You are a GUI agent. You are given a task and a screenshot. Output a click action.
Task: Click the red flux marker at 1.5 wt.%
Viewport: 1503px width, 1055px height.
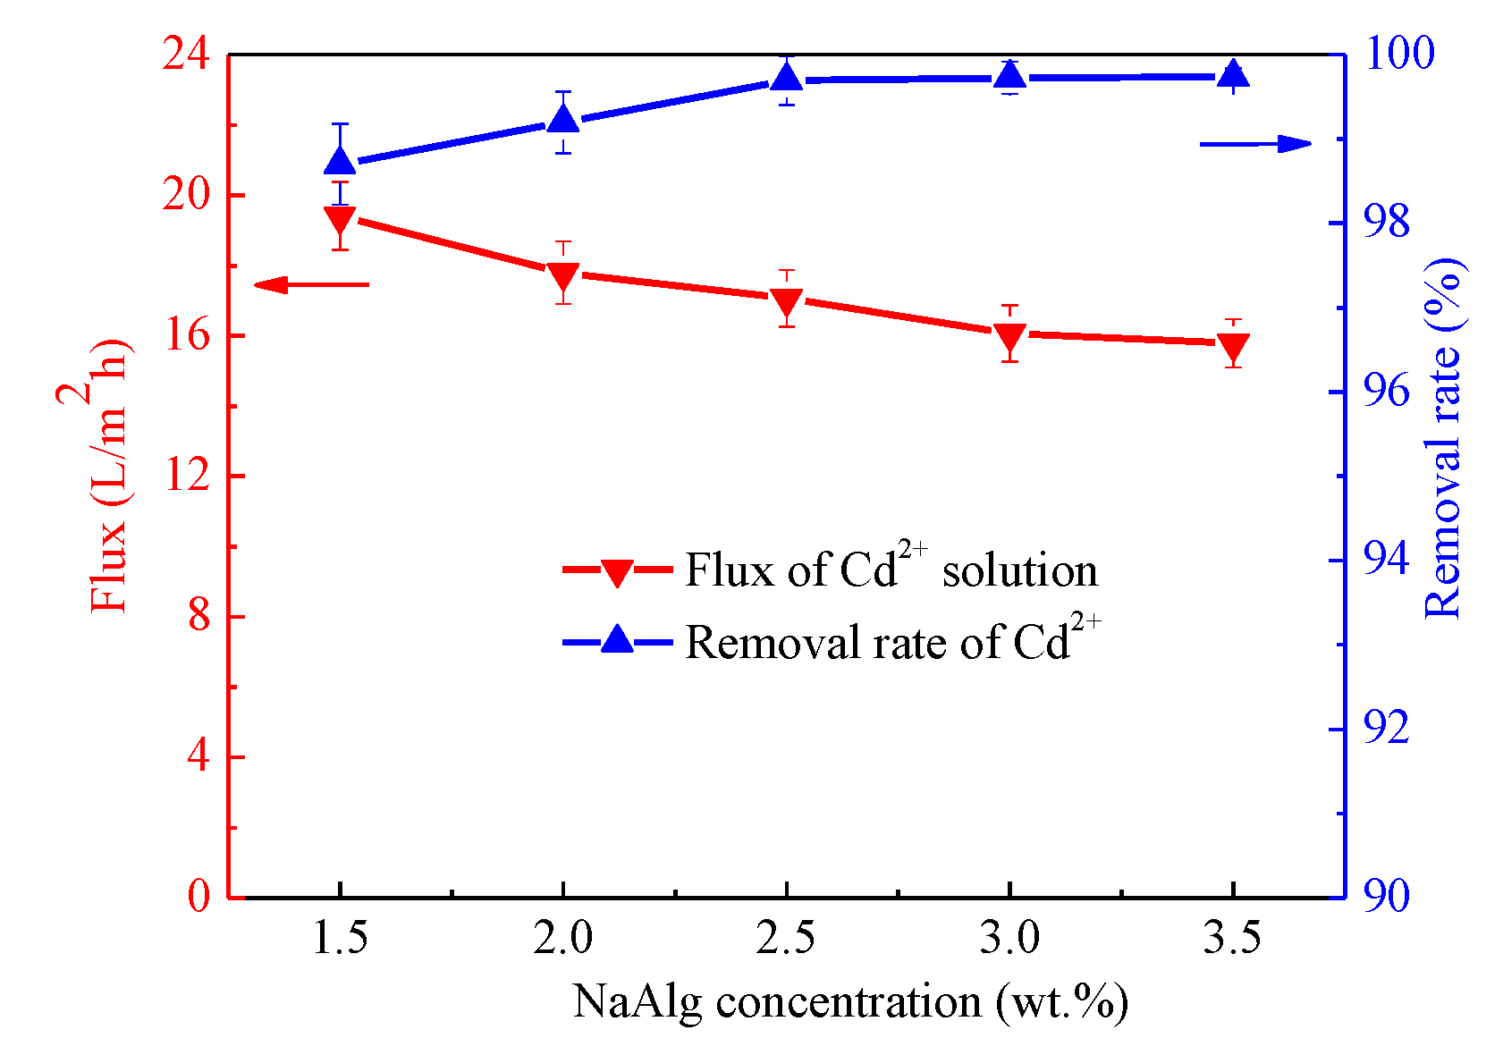[340, 217]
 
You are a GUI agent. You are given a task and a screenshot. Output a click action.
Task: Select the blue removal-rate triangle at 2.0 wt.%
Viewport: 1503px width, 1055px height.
[562, 120]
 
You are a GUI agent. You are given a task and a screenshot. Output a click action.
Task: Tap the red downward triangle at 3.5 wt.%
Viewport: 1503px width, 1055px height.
[1233, 346]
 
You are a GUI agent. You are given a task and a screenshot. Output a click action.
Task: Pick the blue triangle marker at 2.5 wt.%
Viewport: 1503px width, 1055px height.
[787, 79]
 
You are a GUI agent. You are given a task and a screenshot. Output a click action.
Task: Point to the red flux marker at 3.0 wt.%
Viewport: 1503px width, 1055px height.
[1009, 336]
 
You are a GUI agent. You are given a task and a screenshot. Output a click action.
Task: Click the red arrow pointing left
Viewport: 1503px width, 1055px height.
[310, 285]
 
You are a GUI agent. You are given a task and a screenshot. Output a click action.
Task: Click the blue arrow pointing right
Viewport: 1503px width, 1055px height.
[1255, 144]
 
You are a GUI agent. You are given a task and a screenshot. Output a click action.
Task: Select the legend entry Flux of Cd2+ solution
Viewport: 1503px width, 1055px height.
[891, 570]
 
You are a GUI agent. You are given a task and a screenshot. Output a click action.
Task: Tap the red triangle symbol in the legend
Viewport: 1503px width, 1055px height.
[617, 572]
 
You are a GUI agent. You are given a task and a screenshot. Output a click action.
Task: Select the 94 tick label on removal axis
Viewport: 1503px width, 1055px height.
[1385, 560]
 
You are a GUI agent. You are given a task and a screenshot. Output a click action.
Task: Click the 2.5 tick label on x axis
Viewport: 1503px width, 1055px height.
[786, 938]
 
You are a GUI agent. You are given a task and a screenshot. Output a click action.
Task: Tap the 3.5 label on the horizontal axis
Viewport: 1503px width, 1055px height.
[1232, 938]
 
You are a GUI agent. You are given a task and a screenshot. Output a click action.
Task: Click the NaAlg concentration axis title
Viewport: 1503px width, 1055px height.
[849, 1001]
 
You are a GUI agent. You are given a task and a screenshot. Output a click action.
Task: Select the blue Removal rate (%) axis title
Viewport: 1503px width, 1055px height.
[1441, 438]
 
